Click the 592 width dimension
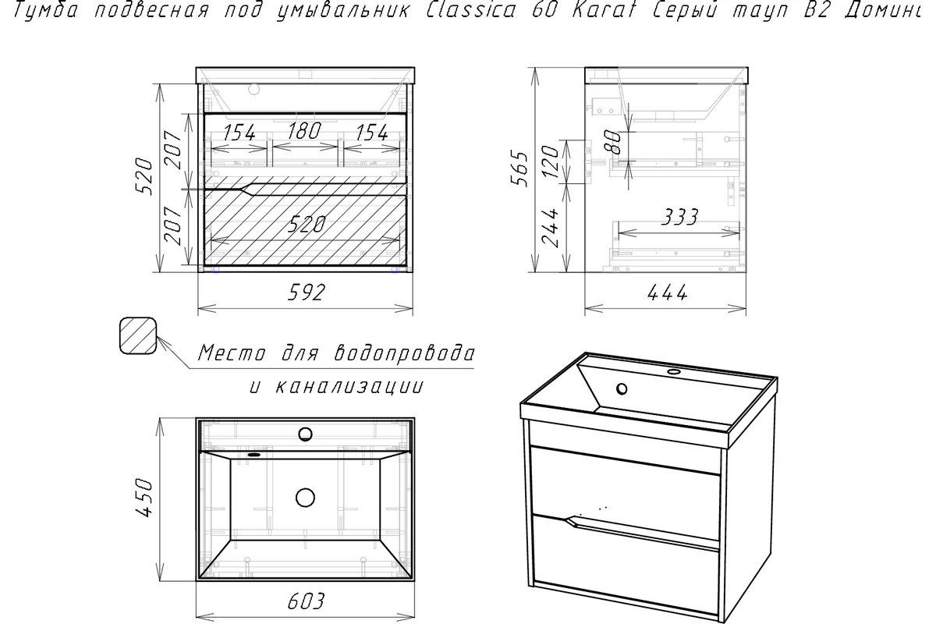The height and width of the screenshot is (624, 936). [306, 292]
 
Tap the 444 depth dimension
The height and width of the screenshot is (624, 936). [667, 292]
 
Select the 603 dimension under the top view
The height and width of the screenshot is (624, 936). [306, 601]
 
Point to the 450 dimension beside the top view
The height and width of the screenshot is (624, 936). [145, 498]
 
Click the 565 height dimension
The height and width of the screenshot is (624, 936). [519, 168]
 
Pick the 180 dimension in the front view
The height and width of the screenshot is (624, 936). [304, 131]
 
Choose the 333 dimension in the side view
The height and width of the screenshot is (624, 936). [679, 217]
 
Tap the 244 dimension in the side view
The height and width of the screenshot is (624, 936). [550, 228]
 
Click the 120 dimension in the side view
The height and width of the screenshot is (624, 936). [550, 161]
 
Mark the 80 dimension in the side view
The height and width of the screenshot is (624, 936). [613, 142]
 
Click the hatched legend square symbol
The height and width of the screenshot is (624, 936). [138, 335]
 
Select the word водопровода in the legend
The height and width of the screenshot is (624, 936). [405, 353]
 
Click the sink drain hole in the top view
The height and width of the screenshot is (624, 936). [305, 498]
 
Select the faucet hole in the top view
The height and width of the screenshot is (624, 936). [306, 434]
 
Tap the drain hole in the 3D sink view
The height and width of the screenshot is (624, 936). [622, 389]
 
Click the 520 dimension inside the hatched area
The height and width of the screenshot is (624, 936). [307, 225]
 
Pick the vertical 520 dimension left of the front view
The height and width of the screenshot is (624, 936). [144, 176]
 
